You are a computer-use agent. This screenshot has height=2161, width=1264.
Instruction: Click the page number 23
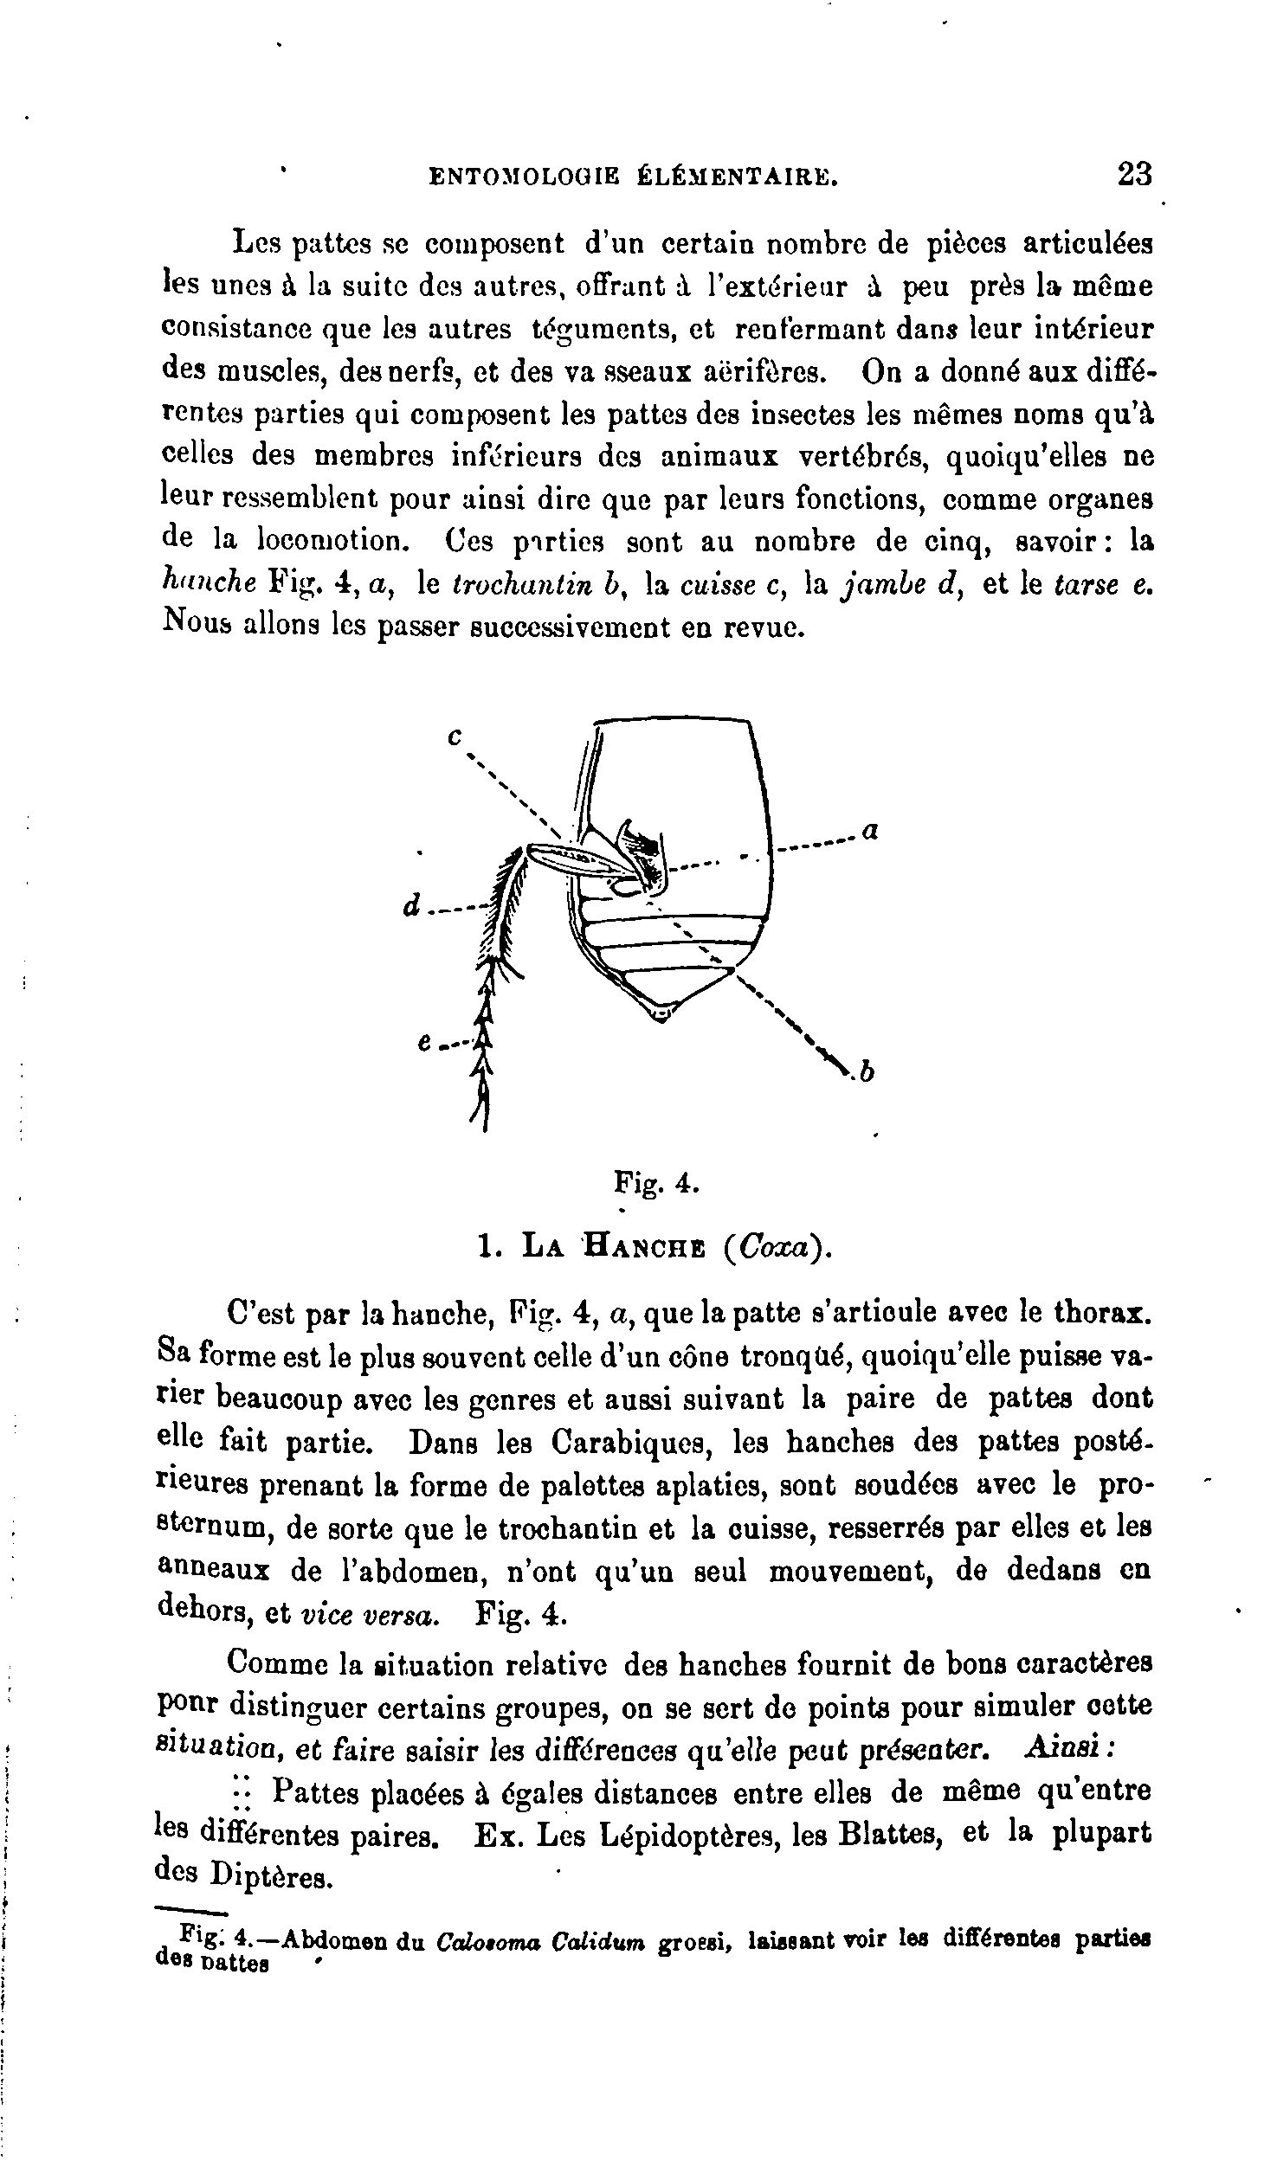pyautogui.click(x=1135, y=173)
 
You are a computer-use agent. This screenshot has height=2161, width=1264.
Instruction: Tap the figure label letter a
pyautogui.click(x=871, y=832)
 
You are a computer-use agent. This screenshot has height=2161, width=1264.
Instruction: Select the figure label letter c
pyautogui.click(x=455, y=737)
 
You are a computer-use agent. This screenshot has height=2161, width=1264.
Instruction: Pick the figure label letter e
pyautogui.click(x=425, y=1044)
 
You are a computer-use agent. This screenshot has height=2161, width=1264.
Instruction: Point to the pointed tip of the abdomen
pyautogui.click(x=661, y=1014)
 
